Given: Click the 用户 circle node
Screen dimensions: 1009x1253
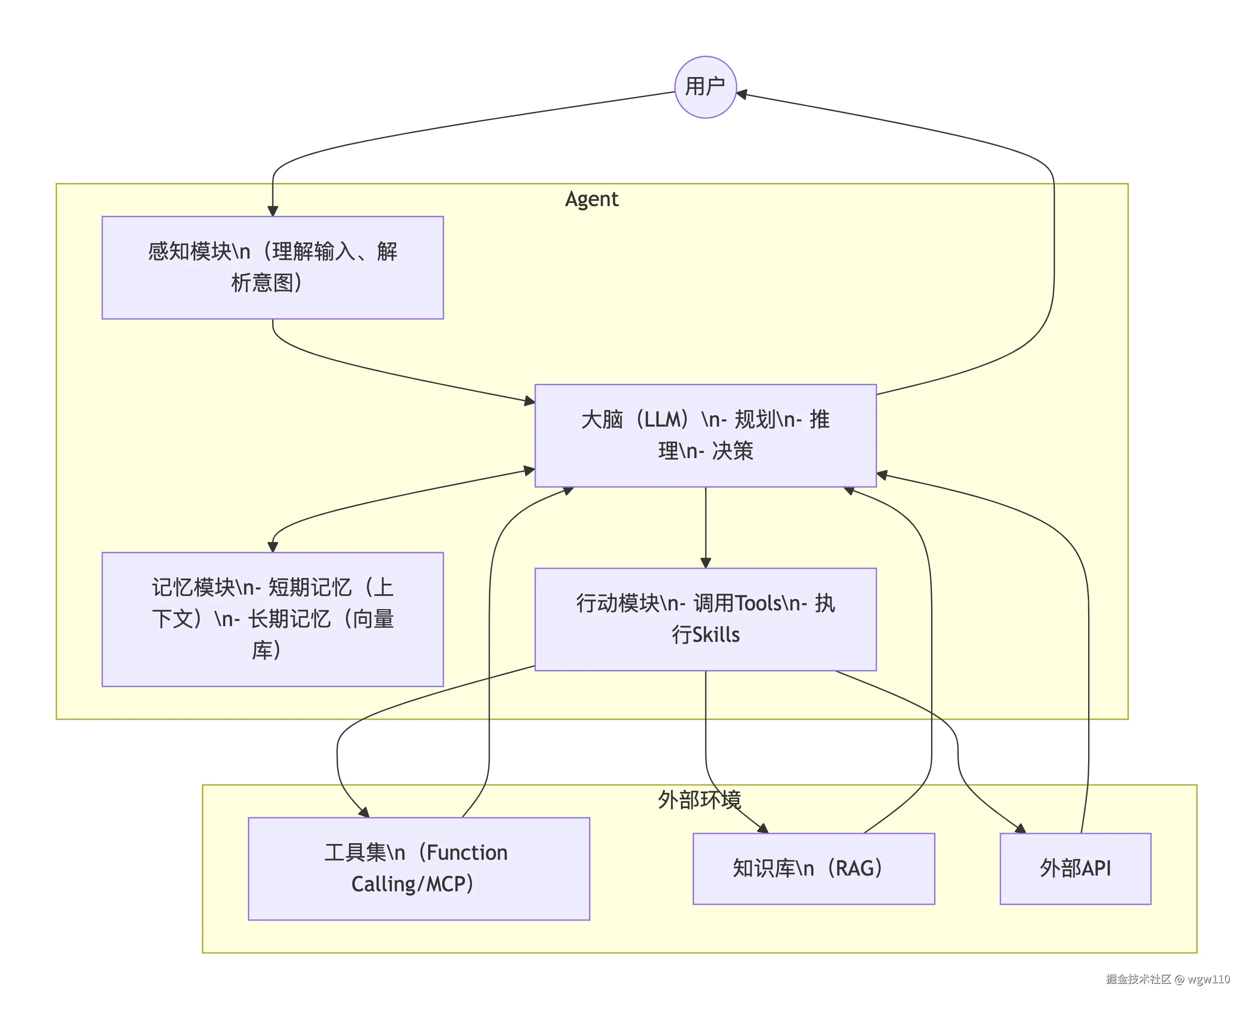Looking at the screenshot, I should [705, 87].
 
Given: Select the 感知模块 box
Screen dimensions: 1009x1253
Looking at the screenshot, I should [272, 267].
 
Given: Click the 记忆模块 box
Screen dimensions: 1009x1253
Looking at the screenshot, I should [272, 619].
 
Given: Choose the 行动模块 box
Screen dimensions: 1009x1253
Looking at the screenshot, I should [705, 619].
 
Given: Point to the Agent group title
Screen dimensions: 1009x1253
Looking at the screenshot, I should [592, 199].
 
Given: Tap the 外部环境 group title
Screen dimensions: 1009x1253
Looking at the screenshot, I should [699, 800].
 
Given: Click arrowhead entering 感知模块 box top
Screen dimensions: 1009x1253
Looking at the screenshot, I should [272, 211].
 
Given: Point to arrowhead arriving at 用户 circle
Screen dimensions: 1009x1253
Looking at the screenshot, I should [742, 94].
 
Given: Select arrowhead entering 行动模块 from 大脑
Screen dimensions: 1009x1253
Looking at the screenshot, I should [705, 563].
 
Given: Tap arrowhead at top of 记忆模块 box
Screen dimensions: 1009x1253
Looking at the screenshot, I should [272, 547].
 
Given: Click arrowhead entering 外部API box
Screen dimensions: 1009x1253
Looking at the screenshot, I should [1020, 829].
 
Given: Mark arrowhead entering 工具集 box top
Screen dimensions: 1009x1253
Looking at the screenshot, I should [364, 813].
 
